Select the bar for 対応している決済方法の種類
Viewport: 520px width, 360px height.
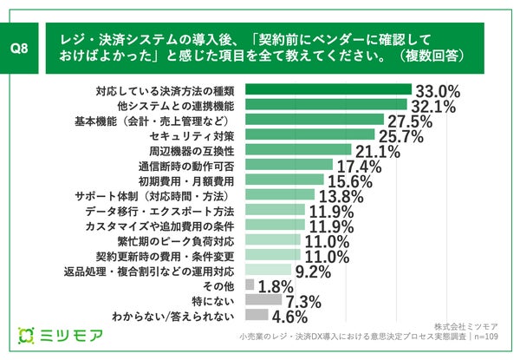point(328,88)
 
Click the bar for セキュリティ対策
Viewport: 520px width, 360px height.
point(310,134)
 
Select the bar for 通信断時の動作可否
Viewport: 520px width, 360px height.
point(289,165)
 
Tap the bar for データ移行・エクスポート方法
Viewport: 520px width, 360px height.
point(276,211)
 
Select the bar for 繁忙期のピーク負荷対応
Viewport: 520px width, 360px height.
point(274,240)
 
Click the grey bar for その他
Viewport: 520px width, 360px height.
point(250,285)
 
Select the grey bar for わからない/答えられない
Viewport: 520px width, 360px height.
point(257,316)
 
